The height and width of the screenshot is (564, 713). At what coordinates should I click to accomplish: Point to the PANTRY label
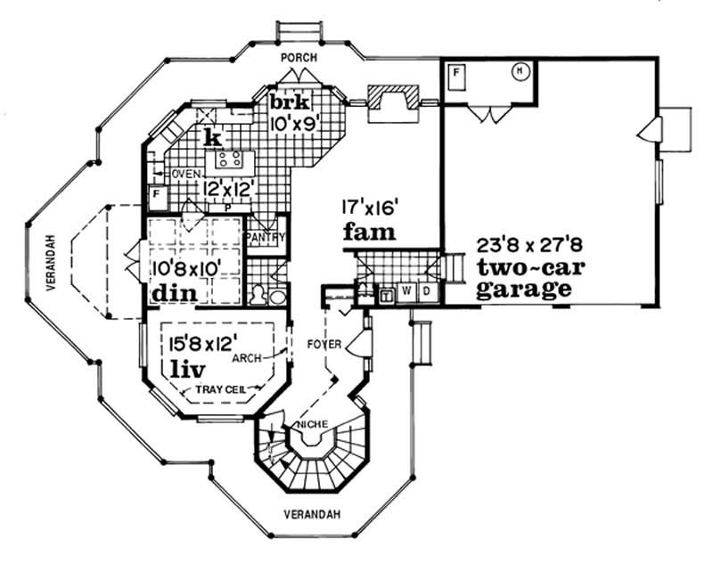click(265, 238)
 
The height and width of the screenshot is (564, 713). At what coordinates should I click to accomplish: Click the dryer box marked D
click(427, 291)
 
